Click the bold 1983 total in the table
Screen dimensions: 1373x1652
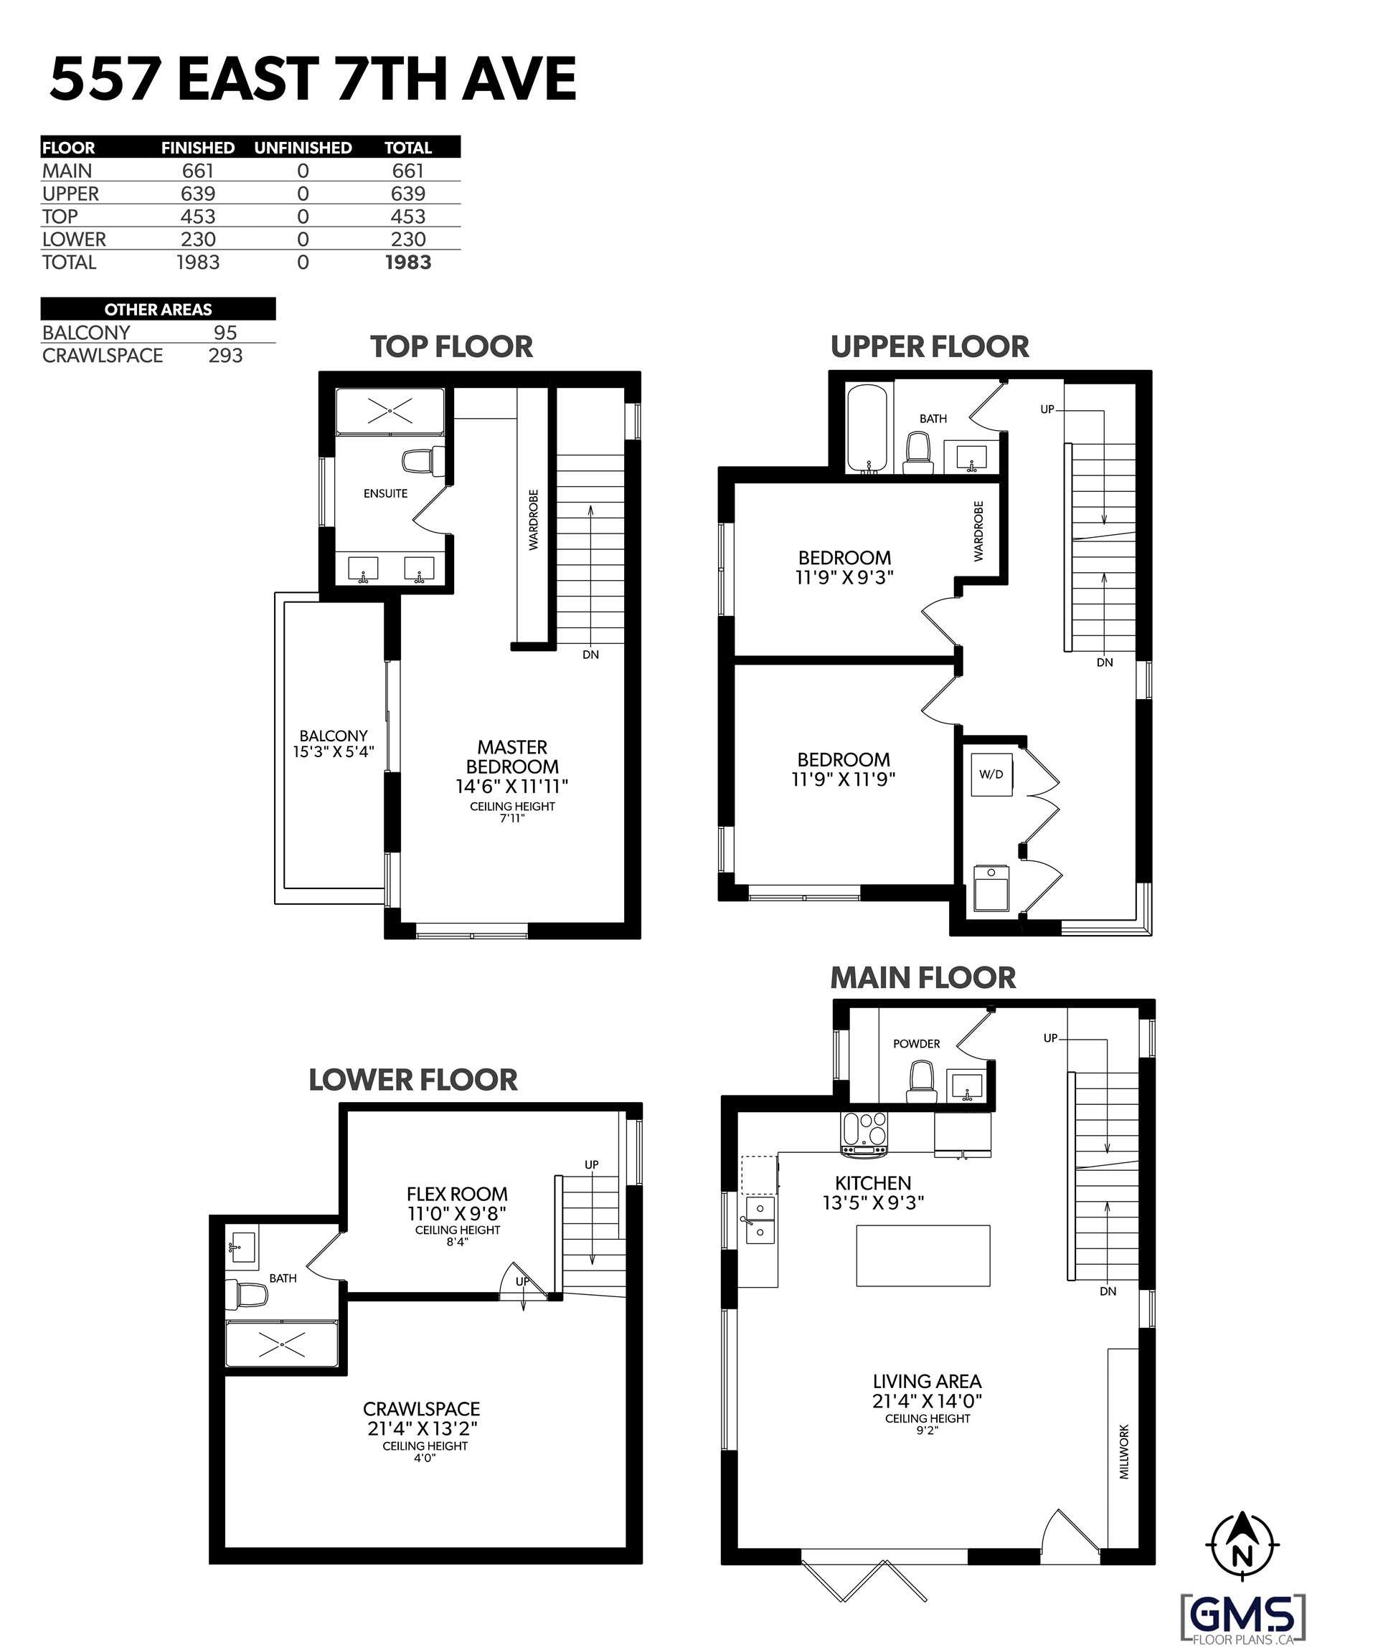(x=407, y=262)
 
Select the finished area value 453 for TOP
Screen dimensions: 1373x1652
(x=197, y=217)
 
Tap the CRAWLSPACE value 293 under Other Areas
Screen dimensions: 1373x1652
(x=225, y=356)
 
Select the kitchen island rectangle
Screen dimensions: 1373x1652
(x=923, y=1255)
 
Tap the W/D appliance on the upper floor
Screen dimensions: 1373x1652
(x=991, y=775)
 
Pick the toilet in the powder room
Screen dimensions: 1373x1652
(x=920, y=1082)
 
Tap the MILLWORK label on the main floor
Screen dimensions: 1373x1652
(x=1123, y=1451)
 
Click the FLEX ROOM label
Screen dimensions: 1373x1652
(x=457, y=1194)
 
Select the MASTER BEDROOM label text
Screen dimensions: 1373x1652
(x=512, y=756)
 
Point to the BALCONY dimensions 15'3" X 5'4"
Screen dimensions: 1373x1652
(x=334, y=751)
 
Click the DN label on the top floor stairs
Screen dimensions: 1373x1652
(x=590, y=655)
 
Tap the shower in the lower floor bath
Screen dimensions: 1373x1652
(x=282, y=1347)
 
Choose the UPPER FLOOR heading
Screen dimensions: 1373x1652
(x=930, y=346)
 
